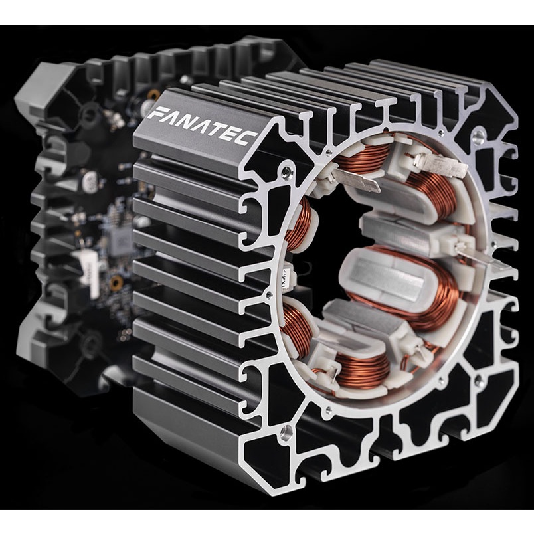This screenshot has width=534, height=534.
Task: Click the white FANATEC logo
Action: pyautogui.click(x=203, y=126)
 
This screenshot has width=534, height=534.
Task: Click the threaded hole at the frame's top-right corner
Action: pyautogui.click(x=478, y=136)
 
